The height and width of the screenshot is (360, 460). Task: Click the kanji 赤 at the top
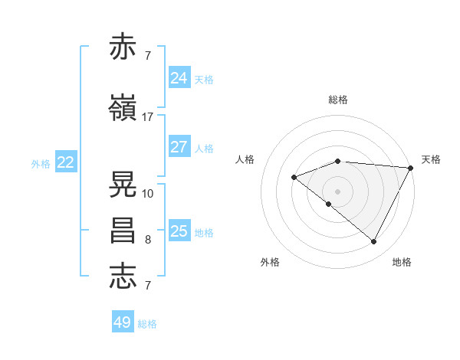[123, 47]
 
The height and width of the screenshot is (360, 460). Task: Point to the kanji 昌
[123, 230]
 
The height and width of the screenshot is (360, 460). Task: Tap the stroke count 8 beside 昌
[147, 240]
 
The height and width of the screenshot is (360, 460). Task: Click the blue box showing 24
[179, 78]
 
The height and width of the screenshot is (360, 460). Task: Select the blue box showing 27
[179, 147]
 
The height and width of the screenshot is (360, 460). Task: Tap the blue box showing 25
[179, 231]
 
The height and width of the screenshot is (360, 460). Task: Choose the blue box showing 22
[66, 162]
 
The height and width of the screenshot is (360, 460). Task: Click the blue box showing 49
[123, 322]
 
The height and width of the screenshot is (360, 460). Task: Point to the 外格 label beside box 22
[41, 163]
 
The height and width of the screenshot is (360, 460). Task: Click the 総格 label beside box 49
[148, 324]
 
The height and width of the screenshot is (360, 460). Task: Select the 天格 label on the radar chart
[431, 159]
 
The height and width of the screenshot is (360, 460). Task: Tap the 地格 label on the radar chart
[402, 263]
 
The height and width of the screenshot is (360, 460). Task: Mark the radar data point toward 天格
[411, 168]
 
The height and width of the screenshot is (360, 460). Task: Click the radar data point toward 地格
[374, 242]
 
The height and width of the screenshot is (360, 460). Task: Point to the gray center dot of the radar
[337, 191]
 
